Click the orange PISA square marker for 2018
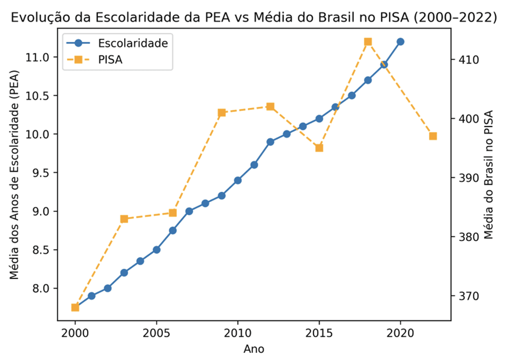click(x=368, y=42)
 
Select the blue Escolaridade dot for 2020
click(x=400, y=42)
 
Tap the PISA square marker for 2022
click(x=433, y=136)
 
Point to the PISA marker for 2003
click(x=124, y=219)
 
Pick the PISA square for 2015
click(x=319, y=148)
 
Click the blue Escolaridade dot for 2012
click(x=270, y=142)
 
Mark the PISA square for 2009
click(x=222, y=113)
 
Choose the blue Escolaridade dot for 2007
click(x=189, y=211)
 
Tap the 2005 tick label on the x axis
click(x=156, y=332)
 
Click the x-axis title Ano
click(x=254, y=349)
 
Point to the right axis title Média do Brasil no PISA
click(x=489, y=175)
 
